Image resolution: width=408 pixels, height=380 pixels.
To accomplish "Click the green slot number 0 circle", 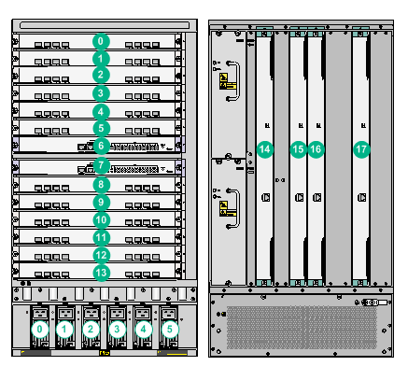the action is click(101, 41).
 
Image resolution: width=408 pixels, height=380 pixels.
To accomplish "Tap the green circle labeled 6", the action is click(101, 146).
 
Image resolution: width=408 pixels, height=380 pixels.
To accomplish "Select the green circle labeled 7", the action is click(101, 165).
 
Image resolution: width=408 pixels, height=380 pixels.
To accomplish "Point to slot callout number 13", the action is click(101, 273).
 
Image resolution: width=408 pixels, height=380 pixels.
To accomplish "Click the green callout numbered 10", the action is click(101, 220).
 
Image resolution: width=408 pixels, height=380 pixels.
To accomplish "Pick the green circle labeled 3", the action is click(101, 93).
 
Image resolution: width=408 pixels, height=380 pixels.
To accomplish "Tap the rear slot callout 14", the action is click(265, 149).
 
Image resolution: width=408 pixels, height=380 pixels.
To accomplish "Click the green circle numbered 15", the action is click(298, 149).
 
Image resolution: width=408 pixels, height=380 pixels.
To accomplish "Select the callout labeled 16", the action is click(316, 149).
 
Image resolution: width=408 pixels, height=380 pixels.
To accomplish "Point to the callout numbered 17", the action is click(361, 149).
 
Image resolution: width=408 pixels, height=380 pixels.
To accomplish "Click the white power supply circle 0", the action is click(39, 329).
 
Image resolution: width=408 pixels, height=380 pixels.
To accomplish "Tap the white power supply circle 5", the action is click(170, 329).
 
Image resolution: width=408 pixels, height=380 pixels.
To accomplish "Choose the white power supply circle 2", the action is click(91, 329).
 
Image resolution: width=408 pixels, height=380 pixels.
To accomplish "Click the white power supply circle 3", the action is click(117, 329).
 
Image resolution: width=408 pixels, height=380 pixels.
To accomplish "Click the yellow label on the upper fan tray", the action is click(227, 81).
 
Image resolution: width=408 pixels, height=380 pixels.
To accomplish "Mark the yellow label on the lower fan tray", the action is click(227, 208).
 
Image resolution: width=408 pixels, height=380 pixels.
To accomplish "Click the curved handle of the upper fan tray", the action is click(237, 81).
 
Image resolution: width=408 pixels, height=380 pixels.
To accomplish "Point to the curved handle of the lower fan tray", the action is click(237, 208).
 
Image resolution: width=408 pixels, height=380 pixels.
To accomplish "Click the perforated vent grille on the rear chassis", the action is click(302, 328).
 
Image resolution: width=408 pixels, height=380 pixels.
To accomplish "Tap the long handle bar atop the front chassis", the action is click(105, 25).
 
